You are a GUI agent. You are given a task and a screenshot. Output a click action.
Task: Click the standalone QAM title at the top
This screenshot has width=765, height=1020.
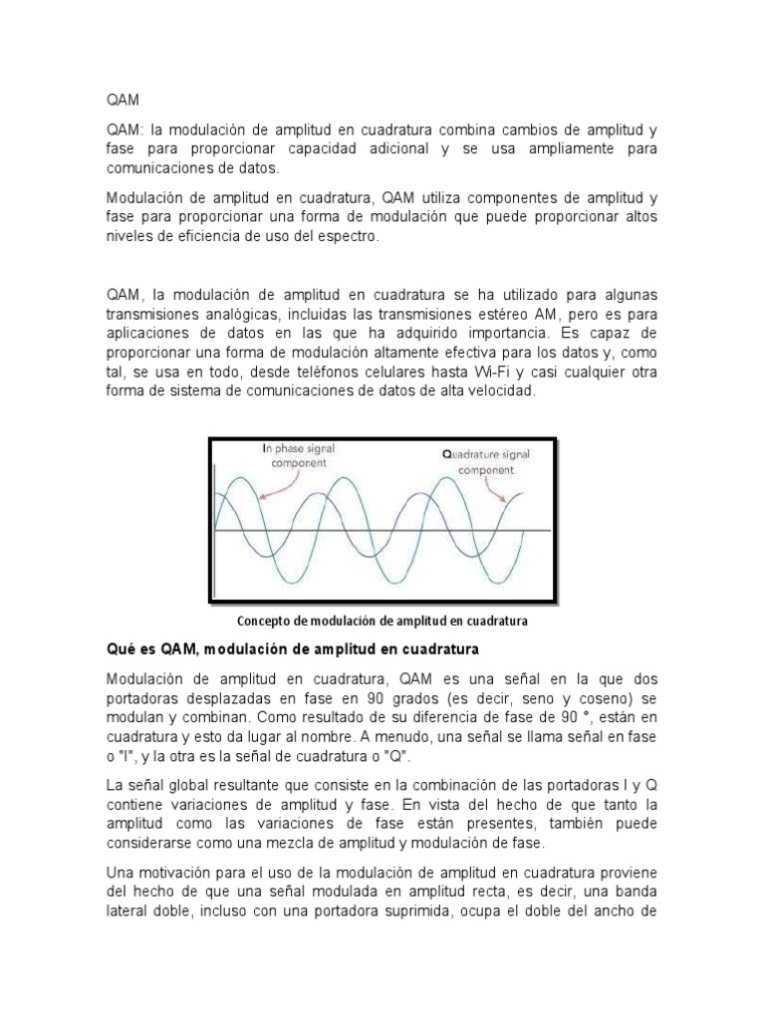tap(123, 101)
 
